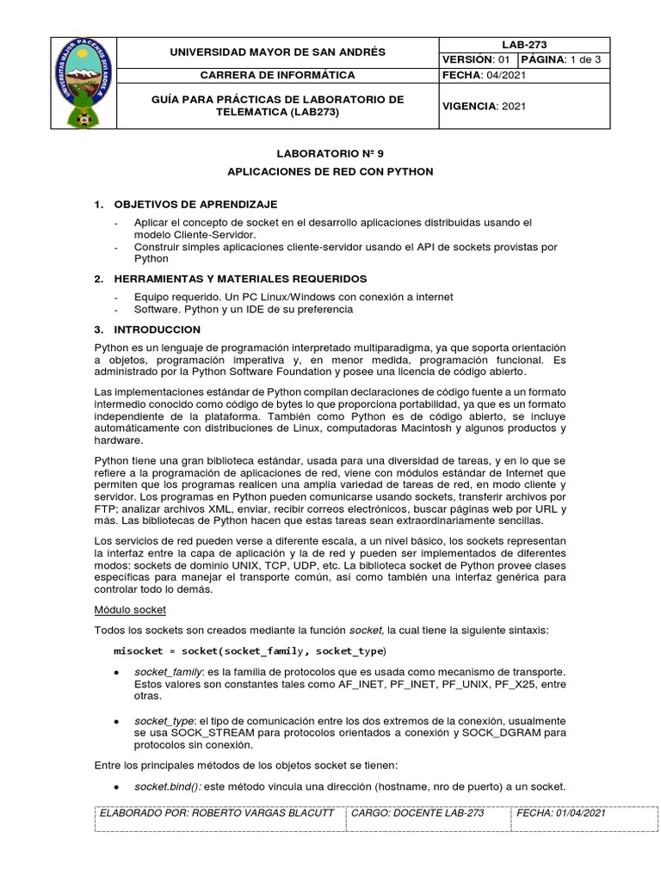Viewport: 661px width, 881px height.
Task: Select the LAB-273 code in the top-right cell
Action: pyautogui.click(x=524, y=45)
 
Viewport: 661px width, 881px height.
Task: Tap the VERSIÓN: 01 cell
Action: pyautogui.click(x=476, y=59)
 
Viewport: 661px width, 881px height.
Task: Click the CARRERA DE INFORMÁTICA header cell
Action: pyautogui.click(x=276, y=75)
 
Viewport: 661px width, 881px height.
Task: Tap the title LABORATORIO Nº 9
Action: pyautogui.click(x=330, y=153)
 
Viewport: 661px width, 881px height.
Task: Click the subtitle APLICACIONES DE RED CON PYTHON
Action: pyautogui.click(x=330, y=171)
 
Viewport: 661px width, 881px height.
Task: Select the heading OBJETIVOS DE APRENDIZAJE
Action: pyautogui.click(x=195, y=204)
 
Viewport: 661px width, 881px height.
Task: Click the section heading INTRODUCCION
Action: pyautogui.click(x=157, y=330)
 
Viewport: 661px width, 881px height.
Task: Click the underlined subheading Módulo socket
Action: pyautogui.click(x=129, y=609)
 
